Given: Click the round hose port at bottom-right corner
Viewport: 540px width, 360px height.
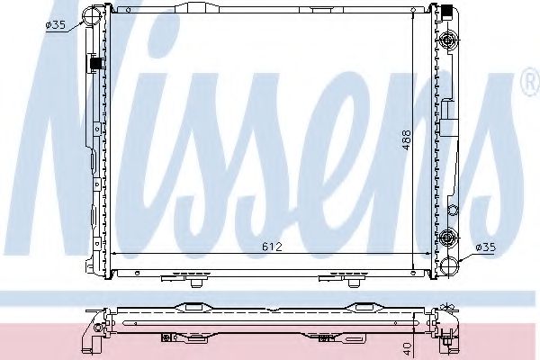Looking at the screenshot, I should click(449, 265).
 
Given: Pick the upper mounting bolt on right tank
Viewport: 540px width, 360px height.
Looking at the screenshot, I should click(449, 39).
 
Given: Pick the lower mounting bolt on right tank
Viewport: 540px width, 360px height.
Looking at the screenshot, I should click(449, 238).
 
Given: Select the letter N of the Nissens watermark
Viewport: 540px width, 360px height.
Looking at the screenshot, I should click(81, 135).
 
